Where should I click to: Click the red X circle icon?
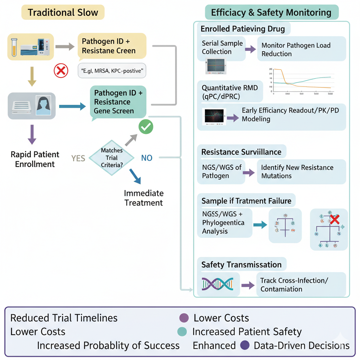click(60, 71)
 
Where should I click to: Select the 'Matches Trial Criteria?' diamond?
click(111, 157)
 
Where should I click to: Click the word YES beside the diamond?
click(78, 159)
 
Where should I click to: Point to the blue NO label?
click(147, 158)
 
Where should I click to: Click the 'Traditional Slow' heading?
click(63, 13)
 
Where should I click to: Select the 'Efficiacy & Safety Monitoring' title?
click(271, 13)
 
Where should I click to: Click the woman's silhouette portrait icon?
click(42, 105)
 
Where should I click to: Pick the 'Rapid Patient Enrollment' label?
click(34, 159)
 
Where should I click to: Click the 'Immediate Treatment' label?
click(144, 198)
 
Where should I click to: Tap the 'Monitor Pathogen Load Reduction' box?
click(301, 50)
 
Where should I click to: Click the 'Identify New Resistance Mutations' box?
click(301, 172)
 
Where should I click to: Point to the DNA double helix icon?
click(218, 284)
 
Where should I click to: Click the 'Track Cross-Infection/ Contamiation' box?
click(301, 285)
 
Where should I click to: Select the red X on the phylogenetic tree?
click(334, 220)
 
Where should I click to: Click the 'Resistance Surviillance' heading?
click(241, 152)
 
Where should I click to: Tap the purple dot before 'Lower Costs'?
click(184, 318)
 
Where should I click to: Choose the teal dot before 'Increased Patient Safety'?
click(182, 332)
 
